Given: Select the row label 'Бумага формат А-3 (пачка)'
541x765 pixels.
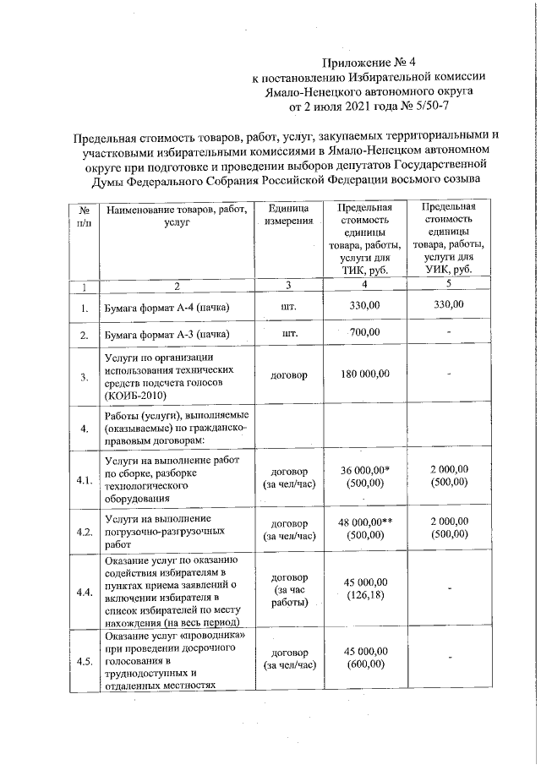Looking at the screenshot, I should pos(167,335).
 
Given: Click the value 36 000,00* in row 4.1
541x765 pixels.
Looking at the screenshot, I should pos(365,470).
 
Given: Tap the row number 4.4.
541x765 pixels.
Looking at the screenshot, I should pos(84,593).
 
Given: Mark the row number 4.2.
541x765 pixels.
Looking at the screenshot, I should pos(84,533).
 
